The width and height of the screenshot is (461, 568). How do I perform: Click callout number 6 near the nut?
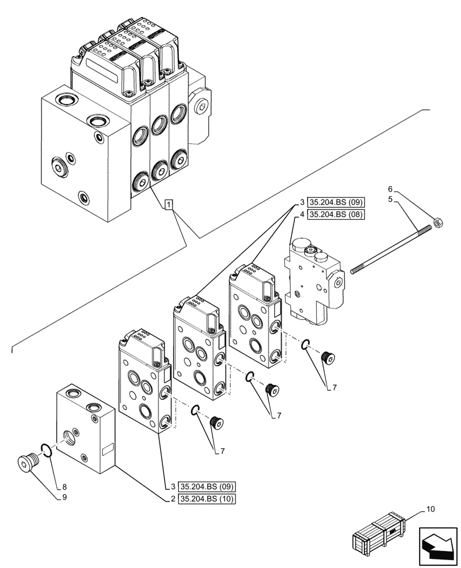[x=389, y=189]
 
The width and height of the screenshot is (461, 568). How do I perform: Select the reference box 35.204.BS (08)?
[x=336, y=214]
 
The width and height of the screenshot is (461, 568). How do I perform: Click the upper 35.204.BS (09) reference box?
[x=336, y=202]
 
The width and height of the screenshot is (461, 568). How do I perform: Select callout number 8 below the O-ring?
[x=64, y=487]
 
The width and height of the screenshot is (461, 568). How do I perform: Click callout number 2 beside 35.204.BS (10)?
[x=171, y=499]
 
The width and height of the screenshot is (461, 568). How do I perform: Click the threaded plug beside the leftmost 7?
[x=216, y=423]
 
